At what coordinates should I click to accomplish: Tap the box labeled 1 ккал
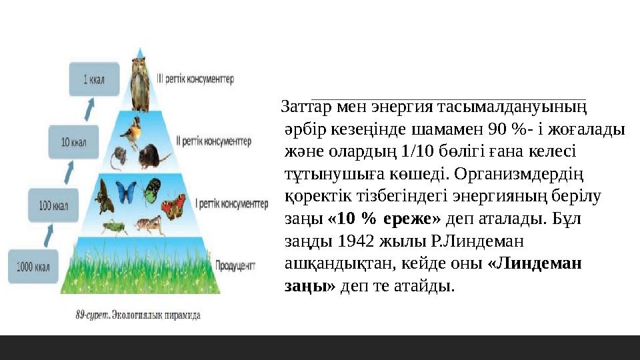click(x=94, y=79)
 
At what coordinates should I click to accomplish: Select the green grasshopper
click(x=114, y=227)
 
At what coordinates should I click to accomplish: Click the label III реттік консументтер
click(x=195, y=79)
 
